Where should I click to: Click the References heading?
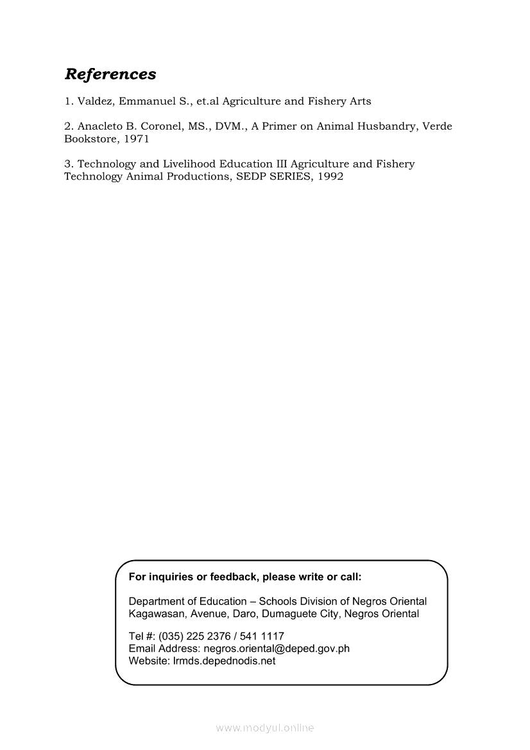[x=110, y=74]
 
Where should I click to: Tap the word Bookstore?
[x=90, y=139]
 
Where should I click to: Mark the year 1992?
[x=330, y=176]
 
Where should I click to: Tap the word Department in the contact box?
[x=156, y=601]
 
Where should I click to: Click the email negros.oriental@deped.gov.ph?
[x=277, y=648]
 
